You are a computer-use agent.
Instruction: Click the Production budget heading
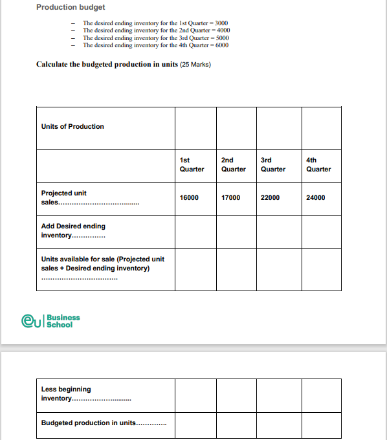(x=71, y=7)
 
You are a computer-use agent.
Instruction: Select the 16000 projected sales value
(x=189, y=197)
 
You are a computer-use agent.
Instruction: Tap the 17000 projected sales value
(x=230, y=197)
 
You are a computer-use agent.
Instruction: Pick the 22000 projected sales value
(x=270, y=197)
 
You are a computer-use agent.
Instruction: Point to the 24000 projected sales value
(x=316, y=197)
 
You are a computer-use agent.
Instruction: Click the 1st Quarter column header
(x=192, y=164)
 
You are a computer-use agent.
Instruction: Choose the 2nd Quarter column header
(x=233, y=164)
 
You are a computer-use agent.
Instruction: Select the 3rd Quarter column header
(x=272, y=164)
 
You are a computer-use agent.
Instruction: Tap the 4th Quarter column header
(x=318, y=164)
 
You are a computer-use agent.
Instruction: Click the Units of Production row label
(x=72, y=126)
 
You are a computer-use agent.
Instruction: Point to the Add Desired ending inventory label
(x=72, y=230)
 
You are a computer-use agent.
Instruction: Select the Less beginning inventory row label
(x=66, y=393)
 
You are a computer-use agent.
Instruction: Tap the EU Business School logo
(x=51, y=320)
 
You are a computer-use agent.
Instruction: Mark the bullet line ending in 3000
(x=155, y=23)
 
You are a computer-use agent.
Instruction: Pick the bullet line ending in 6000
(x=155, y=45)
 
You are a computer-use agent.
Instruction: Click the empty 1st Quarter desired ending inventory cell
(x=195, y=232)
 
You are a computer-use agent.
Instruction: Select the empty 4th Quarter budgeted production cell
(x=321, y=424)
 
